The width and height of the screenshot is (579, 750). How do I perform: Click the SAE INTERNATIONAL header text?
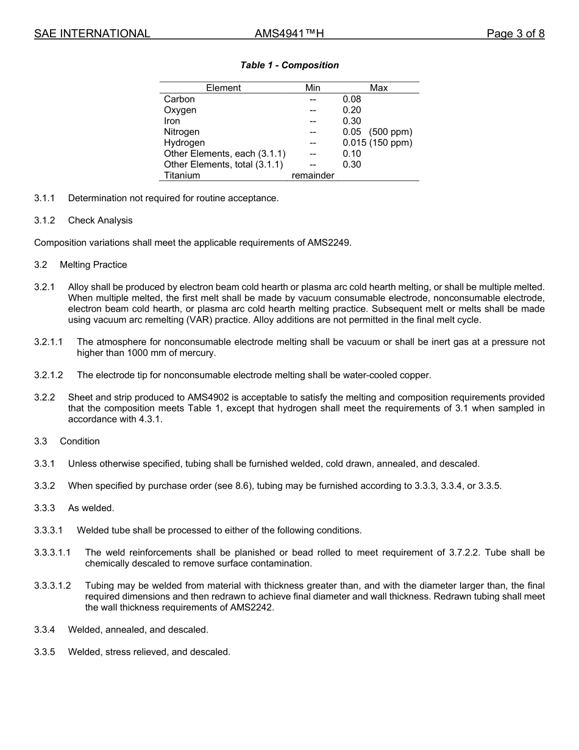[x=92, y=34]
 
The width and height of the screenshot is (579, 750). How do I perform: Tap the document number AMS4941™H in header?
[x=289, y=34]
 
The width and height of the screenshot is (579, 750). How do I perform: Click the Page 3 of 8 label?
[x=515, y=34]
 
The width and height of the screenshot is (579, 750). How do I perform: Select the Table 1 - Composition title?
[x=289, y=65]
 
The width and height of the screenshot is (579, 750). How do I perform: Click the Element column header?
[x=223, y=88]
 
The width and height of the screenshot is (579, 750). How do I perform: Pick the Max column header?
[x=378, y=88]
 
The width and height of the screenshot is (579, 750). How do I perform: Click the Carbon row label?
[x=179, y=99]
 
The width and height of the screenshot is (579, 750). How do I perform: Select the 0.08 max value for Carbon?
[x=352, y=99]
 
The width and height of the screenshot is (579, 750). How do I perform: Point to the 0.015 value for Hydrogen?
[x=354, y=143]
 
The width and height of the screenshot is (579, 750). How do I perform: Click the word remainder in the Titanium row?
[x=313, y=176]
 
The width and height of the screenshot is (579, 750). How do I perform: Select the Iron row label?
[x=172, y=121]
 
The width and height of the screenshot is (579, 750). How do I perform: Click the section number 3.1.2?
[x=44, y=220]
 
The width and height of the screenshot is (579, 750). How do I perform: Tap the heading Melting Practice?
[x=93, y=265]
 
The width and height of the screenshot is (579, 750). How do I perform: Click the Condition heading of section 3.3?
[x=79, y=441]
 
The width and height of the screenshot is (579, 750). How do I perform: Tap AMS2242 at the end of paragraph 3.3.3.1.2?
[x=251, y=608]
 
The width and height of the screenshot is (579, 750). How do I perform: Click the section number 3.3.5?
[x=44, y=652]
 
